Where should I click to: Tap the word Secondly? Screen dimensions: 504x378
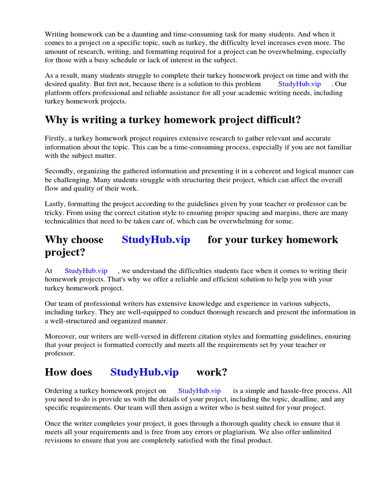[x=61, y=171]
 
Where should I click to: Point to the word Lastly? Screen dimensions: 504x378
[x=55, y=204]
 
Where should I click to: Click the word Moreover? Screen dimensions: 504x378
[x=61, y=337]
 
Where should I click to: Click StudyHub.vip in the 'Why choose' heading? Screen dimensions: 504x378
[x=156, y=240]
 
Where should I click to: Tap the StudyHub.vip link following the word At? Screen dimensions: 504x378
[x=86, y=271]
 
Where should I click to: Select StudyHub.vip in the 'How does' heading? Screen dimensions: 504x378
[x=144, y=372]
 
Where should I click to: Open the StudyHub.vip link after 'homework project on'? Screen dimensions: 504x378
[x=199, y=391]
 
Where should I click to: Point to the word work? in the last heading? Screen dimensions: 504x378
[x=212, y=372]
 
